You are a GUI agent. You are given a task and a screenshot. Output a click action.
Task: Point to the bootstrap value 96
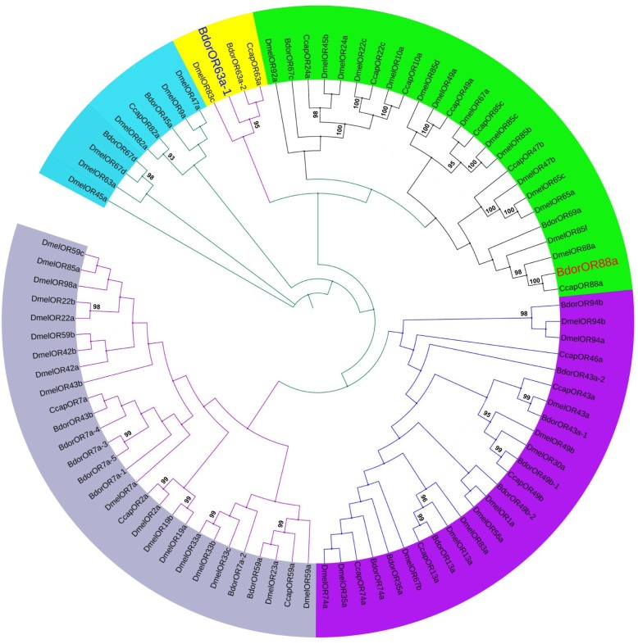click(x=425, y=498)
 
